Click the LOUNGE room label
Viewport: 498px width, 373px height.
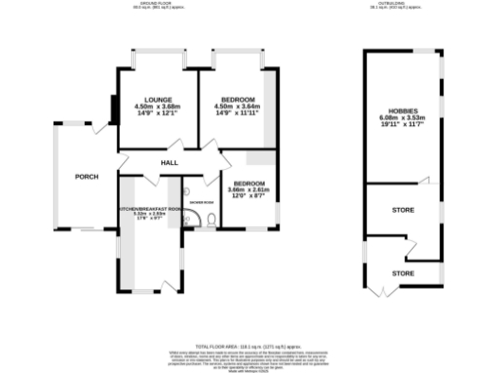click(158, 100)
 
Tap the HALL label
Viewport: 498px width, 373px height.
click(168, 163)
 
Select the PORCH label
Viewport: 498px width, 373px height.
click(88, 177)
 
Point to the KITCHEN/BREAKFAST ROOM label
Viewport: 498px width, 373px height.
click(150, 209)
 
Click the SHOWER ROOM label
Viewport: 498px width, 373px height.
click(201, 202)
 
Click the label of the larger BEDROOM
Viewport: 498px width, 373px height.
click(238, 100)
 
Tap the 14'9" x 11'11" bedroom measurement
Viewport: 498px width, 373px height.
click(238, 114)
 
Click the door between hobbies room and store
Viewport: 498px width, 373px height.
click(424, 181)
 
